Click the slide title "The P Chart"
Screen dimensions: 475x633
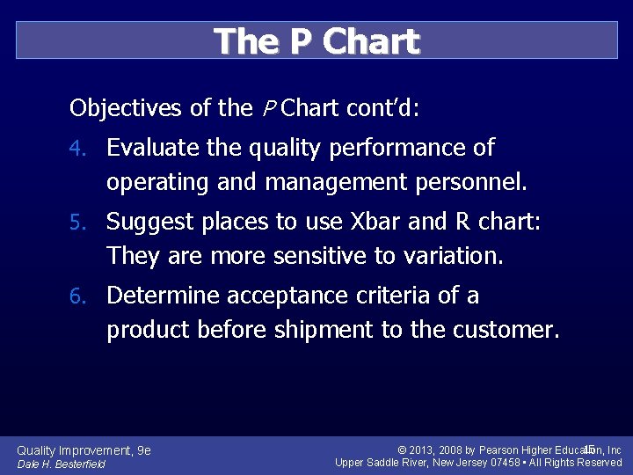pyautogui.click(x=316, y=41)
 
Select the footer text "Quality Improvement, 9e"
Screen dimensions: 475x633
pyautogui.click(x=84, y=450)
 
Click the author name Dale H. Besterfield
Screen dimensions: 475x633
pyautogui.click(x=62, y=464)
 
